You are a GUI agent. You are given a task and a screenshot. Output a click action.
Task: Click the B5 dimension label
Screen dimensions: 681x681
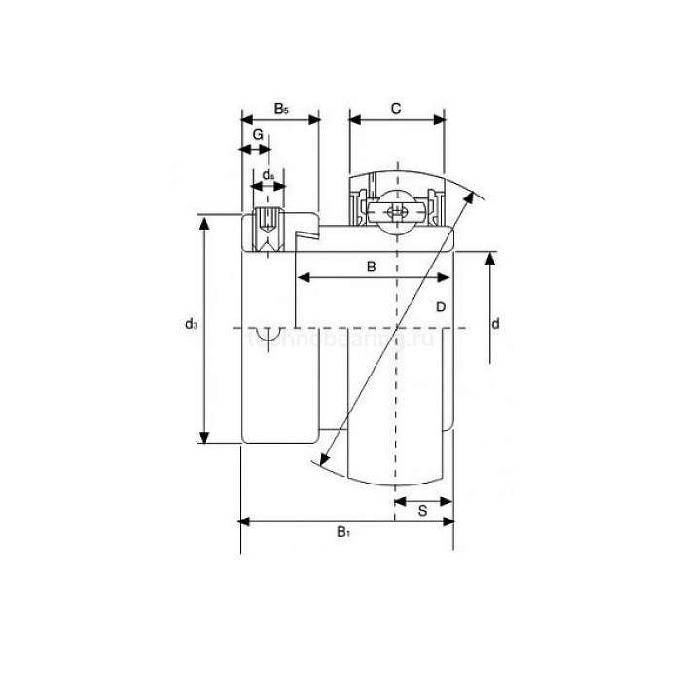click(x=281, y=109)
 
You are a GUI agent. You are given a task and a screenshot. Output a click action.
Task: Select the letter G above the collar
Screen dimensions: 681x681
click(x=258, y=133)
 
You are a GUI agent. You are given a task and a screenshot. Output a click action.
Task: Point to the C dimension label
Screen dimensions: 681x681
click(x=396, y=109)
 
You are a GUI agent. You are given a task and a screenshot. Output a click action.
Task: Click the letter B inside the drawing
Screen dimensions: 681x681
click(x=371, y=266)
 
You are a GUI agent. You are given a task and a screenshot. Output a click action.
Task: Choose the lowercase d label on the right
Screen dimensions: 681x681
click(x=495, y=324)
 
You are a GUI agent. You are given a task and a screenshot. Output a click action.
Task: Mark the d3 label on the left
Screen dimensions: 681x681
click(x=192, y=325)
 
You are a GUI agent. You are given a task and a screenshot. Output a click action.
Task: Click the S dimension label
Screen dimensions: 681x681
click(x=424, y=510)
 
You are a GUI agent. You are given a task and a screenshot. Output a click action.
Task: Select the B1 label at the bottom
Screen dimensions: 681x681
click(x=342, y=532)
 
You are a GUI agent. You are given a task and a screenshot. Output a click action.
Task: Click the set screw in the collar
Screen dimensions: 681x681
click(x=269, y=226)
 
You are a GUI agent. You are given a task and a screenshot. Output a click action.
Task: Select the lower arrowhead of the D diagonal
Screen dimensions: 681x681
click(x=323, y=460)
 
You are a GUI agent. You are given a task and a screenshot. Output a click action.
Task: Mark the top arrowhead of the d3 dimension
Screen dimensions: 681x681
click(x=204, y=223)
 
